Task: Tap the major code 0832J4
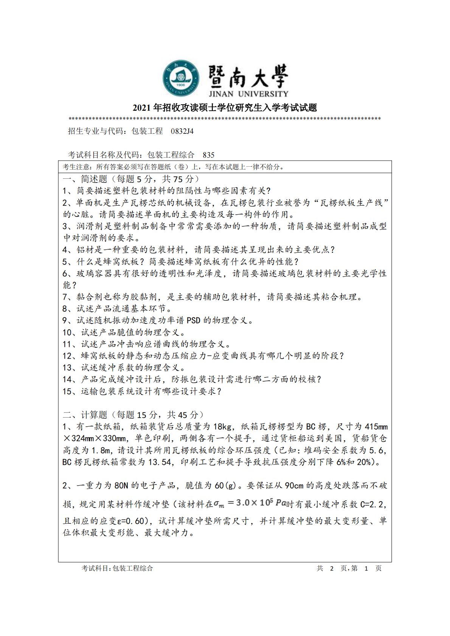click(182, 131)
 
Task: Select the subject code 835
click(208, 155)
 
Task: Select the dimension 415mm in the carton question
click(376, 427)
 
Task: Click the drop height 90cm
click(294, 486)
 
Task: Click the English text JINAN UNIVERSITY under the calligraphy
click(248, 93)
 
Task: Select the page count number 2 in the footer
click(332, 568)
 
